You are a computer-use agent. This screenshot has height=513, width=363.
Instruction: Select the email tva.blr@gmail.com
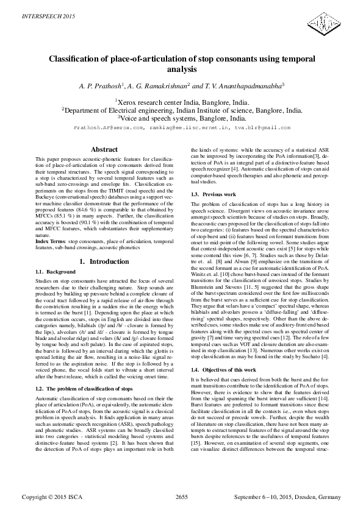[258, 128]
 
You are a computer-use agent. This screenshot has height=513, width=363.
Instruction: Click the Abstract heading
[103, 149]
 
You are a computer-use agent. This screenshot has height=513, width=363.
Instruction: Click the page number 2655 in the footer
[181, 497]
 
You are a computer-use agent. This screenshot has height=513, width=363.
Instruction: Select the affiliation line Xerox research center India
[181, 102]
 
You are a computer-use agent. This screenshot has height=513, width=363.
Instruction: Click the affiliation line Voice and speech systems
[181, 119]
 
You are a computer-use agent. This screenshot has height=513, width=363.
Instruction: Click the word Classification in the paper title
[73, 60]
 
